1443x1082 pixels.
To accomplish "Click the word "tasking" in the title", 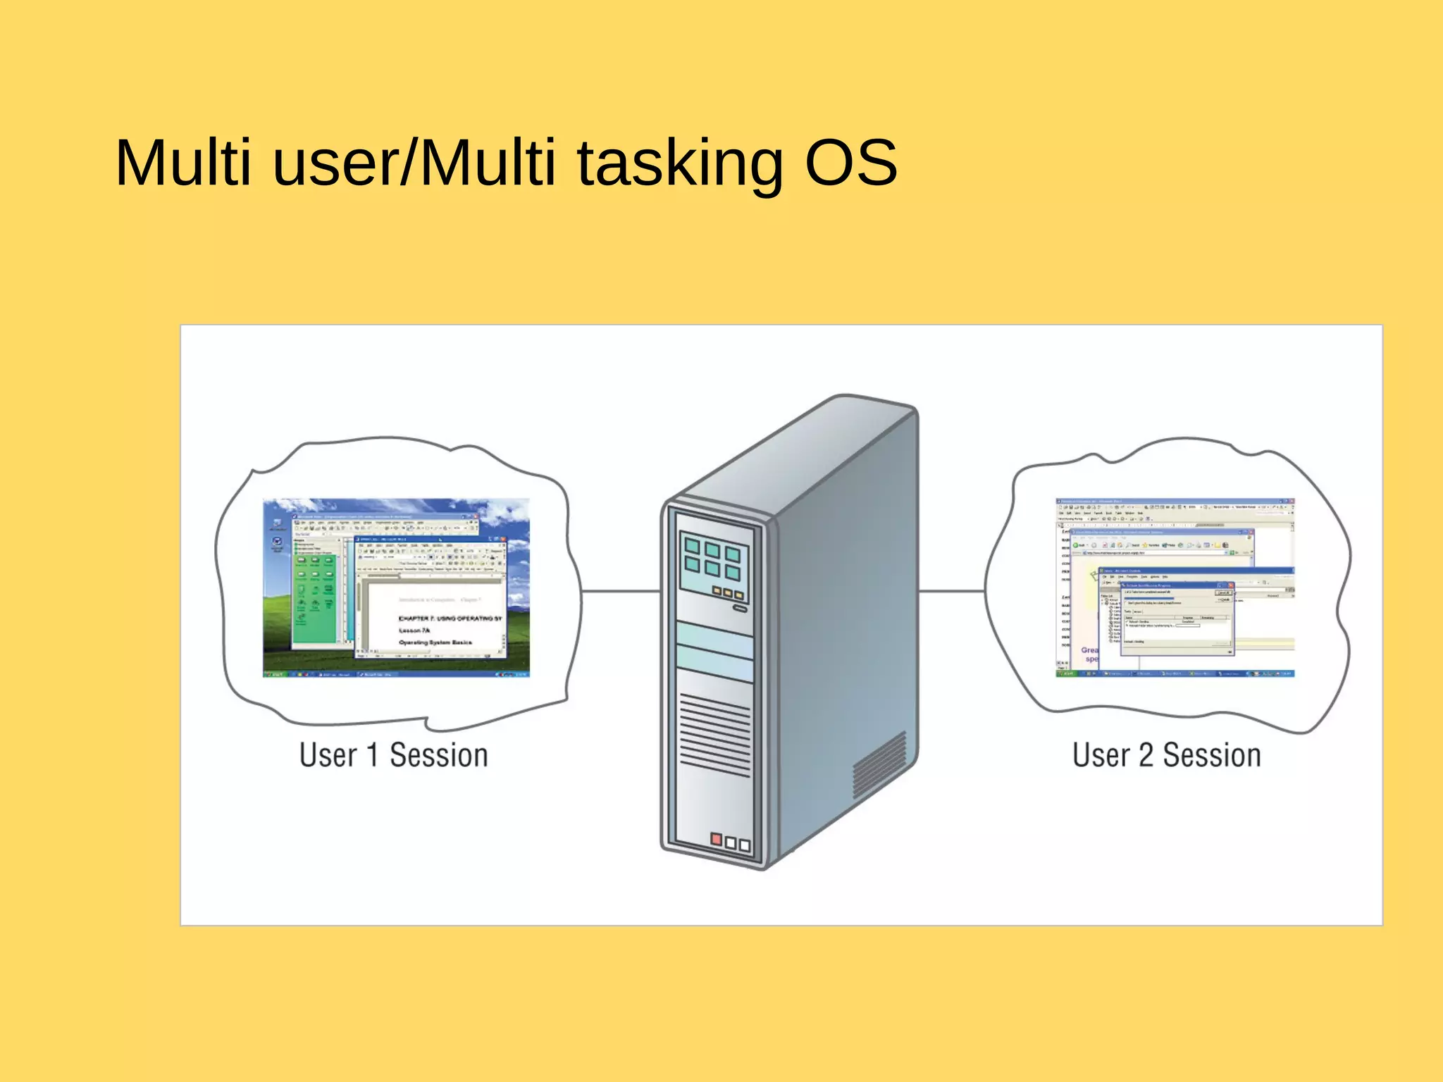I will tap(679, 163).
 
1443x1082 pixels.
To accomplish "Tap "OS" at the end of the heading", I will tap(850, 163).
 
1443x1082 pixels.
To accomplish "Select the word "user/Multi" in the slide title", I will tap(414, 163).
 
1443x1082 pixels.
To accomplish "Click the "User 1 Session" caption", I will tap(393, 755).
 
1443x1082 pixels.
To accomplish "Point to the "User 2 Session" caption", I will tap(1166, 755).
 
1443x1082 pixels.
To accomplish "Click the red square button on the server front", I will tap(717, 839).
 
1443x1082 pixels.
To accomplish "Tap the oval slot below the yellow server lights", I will tap(739, 608).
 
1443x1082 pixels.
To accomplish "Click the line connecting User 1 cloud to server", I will tap(620, 592).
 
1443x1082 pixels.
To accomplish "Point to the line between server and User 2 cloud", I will tap(951, 592).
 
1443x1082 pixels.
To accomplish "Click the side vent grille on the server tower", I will tap(879, 764).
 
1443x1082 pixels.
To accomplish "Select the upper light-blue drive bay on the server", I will tap(714, 639).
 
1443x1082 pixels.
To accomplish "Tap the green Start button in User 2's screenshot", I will tap(1065, 673).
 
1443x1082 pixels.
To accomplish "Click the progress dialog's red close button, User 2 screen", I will tap(1231, 585).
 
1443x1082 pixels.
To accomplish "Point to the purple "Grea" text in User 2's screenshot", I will tap(1089, 650).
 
